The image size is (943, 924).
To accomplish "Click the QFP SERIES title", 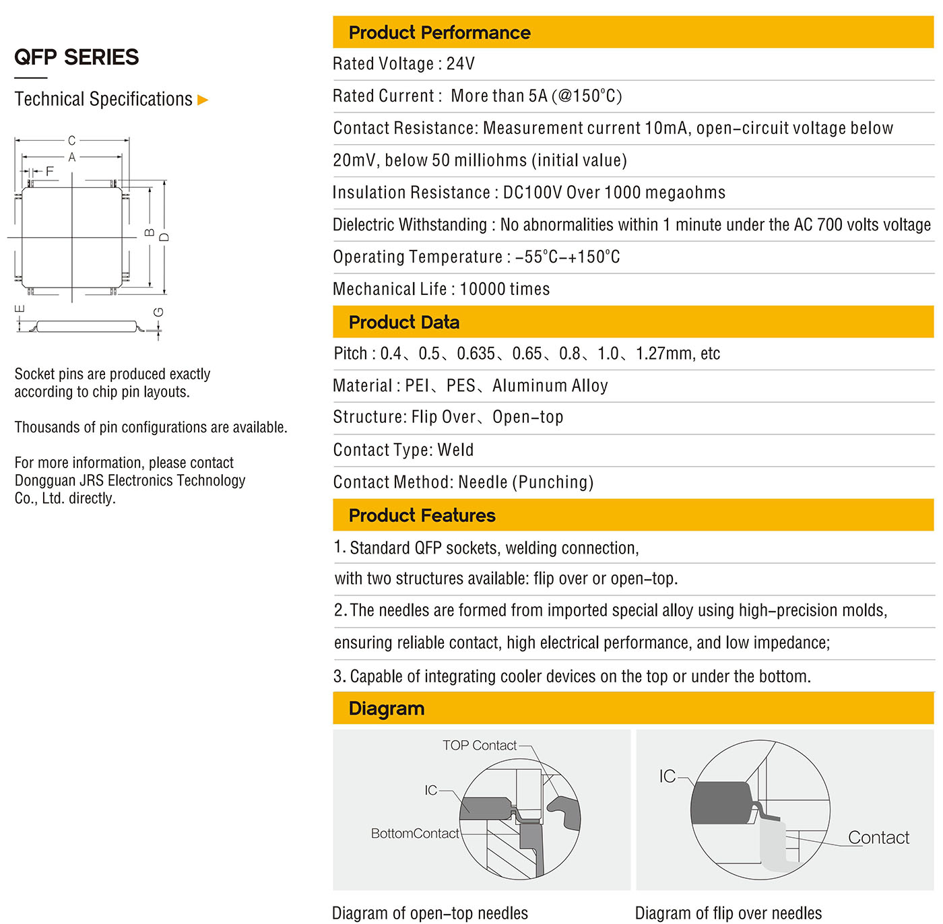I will pos(77,57).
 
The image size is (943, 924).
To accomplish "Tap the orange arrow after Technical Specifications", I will pos(203,100).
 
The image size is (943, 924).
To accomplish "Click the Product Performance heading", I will pos(439,32).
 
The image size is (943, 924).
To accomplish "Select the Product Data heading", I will pos(403,322).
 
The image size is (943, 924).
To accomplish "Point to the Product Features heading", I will pos(422,515).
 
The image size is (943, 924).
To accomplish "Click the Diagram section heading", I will pos(387,708).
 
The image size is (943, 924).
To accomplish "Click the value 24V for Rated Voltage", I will pos(461,64).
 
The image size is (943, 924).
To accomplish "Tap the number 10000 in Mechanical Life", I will pos(482,290).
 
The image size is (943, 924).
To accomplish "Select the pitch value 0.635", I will pos(476,354).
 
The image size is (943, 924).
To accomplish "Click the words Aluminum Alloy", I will pos(550,386).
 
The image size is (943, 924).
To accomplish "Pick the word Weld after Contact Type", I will pos(455,450).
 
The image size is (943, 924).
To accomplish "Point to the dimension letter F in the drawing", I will pos(49,172).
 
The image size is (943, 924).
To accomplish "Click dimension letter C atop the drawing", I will pos(72,141).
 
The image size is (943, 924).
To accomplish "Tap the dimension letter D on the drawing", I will pos(164,238).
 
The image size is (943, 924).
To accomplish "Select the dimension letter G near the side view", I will pos(159,312).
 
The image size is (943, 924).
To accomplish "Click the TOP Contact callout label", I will pos(479,746).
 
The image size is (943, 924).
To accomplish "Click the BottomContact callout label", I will pos(415,834).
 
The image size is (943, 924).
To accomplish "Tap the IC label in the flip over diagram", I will pos(667,777).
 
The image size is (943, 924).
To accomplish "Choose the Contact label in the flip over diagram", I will pos(878,838).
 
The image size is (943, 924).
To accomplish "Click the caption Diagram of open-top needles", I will pos(430,913).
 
